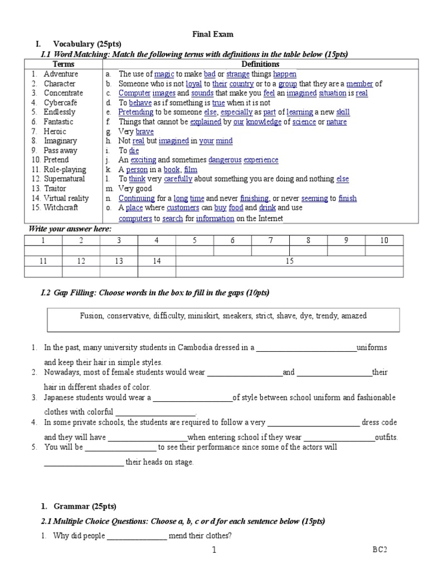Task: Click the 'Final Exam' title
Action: pos(213,34)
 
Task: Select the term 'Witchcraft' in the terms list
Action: pos(61,208)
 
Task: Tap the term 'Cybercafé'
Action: pos(61,102)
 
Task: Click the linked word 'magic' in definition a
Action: pos(164,74)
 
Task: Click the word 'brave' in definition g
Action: pos(144,131)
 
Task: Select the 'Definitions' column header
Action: pos(260,65)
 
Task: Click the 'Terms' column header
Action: pos(63,65)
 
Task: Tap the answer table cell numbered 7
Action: pos(271,240)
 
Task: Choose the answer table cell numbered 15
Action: pos(289,261)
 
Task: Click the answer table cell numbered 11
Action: pos(43,261)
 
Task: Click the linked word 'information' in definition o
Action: pos(215,219)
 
